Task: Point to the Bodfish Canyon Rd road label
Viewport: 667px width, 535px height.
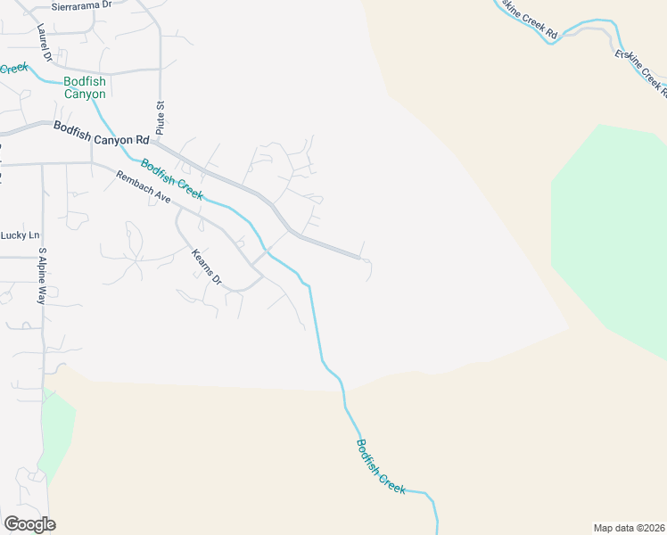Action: pos(101,134)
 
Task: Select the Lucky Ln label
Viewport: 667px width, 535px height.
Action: pos(21,235)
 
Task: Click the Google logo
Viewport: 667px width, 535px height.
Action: pos(29,524)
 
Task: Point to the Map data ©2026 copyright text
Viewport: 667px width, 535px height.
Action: pos(629,527)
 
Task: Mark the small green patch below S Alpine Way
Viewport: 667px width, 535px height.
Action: pos(55,432)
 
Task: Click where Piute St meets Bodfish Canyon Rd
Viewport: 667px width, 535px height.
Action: pos(161,141)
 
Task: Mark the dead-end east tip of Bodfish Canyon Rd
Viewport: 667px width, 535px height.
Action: pos(359,258)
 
